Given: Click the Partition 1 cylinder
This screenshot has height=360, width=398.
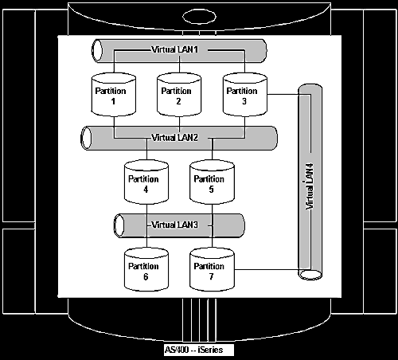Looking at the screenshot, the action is click(114, 95).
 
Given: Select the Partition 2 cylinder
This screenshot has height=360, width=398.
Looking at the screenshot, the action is click(179, 95).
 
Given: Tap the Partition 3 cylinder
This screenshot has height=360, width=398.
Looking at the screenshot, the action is click(244, 95).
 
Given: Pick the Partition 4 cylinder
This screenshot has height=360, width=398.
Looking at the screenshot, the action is click(146, 182).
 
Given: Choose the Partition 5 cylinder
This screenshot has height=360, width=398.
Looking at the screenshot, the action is click(212, 182).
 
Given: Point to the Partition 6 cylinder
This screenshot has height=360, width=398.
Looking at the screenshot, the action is click(146, 269).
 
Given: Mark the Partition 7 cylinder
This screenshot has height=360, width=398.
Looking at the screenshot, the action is click(212, 269).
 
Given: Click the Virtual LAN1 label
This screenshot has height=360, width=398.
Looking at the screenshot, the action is click(175, 49).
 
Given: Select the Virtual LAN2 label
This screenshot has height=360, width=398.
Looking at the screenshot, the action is click(175, 138).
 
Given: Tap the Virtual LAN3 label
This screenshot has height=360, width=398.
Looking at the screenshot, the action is click(175, 225).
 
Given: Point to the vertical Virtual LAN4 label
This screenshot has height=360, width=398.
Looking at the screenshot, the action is click(310, 186).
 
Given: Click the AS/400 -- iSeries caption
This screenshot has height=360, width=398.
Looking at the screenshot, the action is click(194, 350).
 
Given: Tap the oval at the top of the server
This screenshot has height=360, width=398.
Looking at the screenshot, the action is click(199, 17).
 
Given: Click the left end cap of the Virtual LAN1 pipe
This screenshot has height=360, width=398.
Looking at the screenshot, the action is click(97, 51).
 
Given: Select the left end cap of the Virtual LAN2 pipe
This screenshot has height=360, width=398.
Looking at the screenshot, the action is click(86, 138).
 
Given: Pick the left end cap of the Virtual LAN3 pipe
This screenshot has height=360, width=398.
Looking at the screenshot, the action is click(119, 225).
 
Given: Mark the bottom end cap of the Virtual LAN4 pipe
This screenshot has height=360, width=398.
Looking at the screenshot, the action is click(310, 275).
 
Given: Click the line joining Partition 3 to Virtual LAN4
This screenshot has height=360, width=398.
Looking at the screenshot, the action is click(283, 94).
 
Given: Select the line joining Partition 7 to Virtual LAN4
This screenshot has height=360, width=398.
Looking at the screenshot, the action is click(267, 270).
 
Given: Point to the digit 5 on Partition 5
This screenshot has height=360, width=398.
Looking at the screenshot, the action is click(211, 190).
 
